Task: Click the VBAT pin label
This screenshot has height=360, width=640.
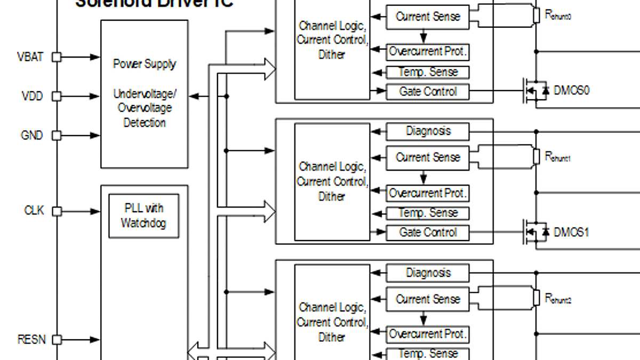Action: pos(30,57)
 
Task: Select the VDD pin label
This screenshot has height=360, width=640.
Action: pos(32,97)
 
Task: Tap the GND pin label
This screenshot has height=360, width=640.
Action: pos(31,135)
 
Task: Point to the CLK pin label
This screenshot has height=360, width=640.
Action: pos(34,211)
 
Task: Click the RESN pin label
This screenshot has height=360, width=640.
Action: pos(32,339)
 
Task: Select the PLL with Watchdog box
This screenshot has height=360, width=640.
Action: pos(143,215)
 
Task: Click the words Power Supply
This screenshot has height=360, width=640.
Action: pos(144,64)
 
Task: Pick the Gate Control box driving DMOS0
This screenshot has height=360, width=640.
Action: pos(428,92)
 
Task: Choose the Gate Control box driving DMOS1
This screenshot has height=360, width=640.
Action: pos(428,233)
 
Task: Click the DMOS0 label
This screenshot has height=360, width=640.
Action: pos(571,90)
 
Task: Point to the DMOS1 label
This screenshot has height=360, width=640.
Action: pos(571,233)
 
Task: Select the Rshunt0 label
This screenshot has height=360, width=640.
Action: pos(558,15)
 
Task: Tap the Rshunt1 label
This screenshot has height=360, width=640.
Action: pos(558,157)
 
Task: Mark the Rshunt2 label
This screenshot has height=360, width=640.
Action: pos(558,299)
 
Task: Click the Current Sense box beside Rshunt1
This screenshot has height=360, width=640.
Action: pos(428,158)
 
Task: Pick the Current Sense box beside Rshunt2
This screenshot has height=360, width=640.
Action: pos(428,300)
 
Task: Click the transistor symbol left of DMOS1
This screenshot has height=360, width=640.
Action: pos(535,233)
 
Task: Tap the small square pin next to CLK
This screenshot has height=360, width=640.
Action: pos(56,211)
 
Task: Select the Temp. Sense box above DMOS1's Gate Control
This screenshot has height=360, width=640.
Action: pos(428,213)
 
